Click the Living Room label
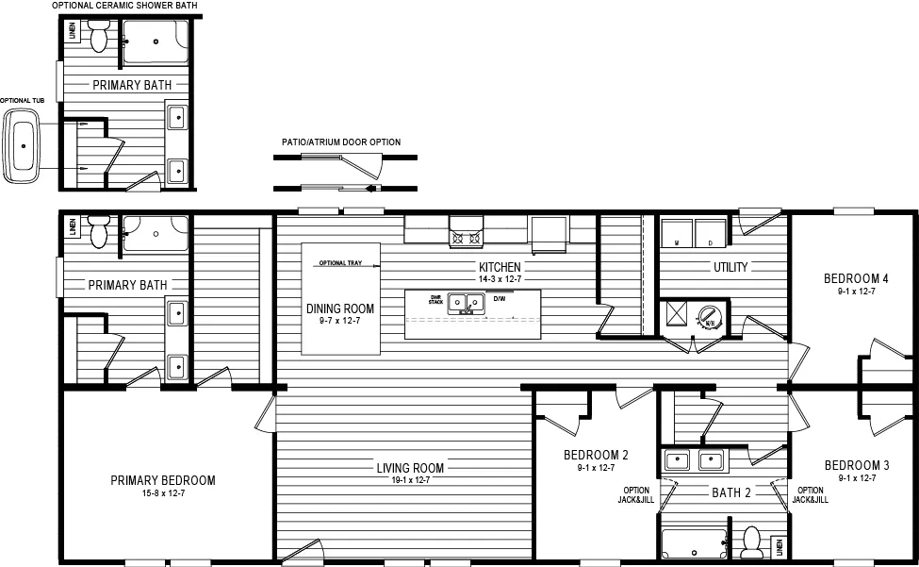[x=410, y=468]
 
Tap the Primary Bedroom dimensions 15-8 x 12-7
[x=162, y=494]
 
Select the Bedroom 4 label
[x=856, y=278]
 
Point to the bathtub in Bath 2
[x=694, y=543]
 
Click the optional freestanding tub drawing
[x=22, y=147]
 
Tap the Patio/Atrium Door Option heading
[x=340, y=142]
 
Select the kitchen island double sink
[x=466, y=303]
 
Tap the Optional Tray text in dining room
[x=340, y=263]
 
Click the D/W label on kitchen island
[x=500, y=299]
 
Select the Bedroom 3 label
[x=856, y=465]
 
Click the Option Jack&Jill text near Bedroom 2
[x=637, y=494]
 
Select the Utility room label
[x=730, y=267]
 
